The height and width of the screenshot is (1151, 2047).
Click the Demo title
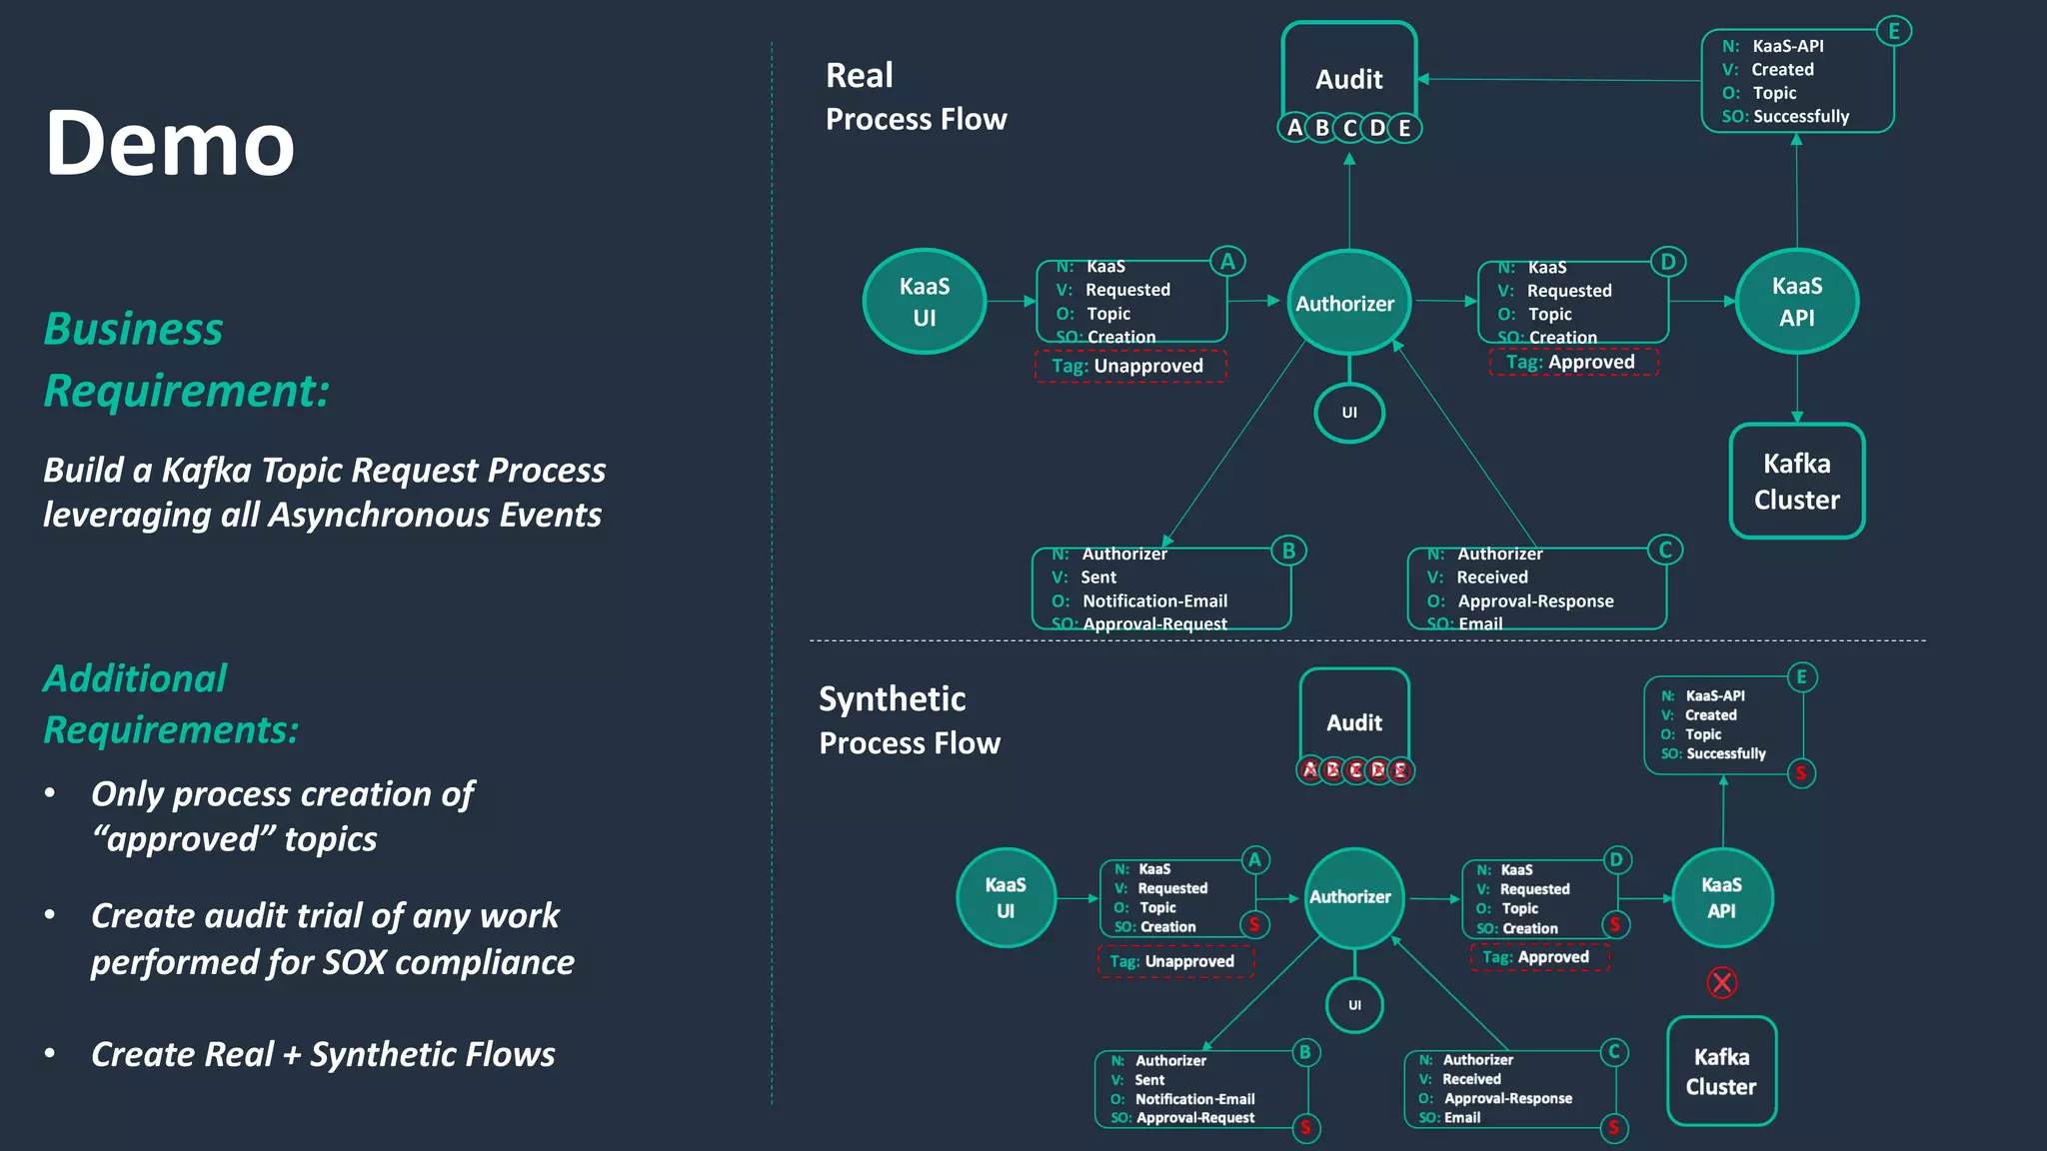pos(170,143)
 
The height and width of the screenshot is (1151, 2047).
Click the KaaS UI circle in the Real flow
pos(925,301)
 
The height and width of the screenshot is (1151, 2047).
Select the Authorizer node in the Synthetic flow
pos(1353,897)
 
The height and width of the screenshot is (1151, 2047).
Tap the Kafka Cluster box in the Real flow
pos(1796,481)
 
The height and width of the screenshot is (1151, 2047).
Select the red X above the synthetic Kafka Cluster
pos(1721,983)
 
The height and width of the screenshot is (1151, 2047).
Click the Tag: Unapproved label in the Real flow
pos(1128,366)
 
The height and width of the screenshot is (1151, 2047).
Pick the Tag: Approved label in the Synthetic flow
pos(1536,957)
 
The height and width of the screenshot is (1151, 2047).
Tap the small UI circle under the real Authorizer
pos(1349,413)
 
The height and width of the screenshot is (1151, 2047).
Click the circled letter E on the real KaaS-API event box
pos(1893,31)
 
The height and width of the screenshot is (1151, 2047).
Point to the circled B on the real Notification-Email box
pos(1288,551)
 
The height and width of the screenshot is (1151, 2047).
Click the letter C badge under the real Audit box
pos(1349,128)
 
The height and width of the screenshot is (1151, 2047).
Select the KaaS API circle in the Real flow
pos(1796,301)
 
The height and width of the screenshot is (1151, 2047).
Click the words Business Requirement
pos(185,360)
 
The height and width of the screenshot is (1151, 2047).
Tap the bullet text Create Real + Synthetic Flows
pos(323,1054)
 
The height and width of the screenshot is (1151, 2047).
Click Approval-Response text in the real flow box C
pos(1535,601)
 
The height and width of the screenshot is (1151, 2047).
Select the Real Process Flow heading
pos(915,97)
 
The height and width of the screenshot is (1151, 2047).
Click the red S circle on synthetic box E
pos(1800,772)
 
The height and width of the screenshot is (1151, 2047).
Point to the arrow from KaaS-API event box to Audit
pos(1559,80)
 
